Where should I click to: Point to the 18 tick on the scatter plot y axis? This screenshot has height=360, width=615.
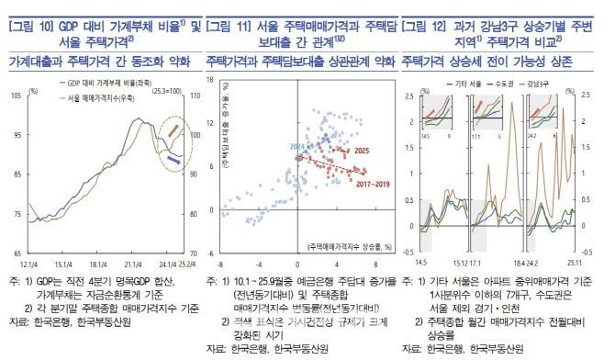[x=210, y=80]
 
